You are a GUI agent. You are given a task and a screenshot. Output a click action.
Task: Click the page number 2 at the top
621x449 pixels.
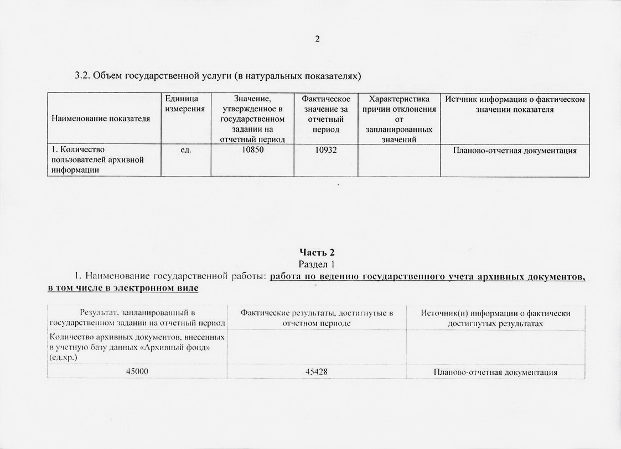point(317,39)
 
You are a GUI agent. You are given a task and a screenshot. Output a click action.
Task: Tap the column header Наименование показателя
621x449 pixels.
point(101,118)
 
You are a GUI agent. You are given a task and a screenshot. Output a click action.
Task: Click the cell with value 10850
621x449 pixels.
point(252,150)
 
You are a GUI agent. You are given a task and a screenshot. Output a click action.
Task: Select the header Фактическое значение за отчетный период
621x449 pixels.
point(326,114)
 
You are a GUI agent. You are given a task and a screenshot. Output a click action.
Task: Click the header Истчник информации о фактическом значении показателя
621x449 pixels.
point(515,104)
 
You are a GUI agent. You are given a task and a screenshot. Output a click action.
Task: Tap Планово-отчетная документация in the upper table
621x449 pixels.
point(515,150)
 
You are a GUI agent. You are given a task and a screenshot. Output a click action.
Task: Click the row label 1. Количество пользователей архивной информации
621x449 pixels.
point(98,159)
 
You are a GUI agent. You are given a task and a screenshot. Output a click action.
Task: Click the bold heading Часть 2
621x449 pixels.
point(317,252)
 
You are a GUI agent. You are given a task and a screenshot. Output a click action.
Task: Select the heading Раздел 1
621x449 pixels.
point(317,264)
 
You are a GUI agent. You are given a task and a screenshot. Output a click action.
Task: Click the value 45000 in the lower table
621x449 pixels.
point(137,371)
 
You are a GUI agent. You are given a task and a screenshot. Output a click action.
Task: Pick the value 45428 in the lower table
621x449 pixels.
point(316,371)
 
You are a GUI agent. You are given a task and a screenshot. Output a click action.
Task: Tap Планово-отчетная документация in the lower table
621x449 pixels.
point(495,371)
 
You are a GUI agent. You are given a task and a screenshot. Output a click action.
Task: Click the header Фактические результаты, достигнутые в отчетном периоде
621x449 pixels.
point(317,318)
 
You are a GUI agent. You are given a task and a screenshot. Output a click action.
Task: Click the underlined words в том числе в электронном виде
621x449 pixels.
point(123,288)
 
